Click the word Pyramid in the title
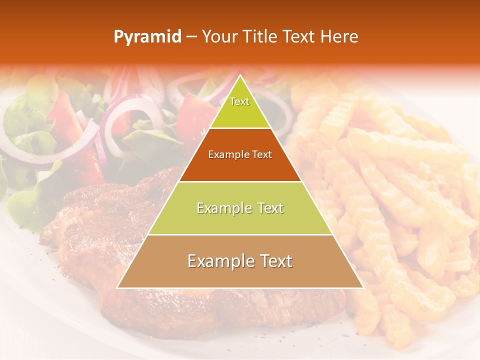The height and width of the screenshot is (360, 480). [x=147, y=37]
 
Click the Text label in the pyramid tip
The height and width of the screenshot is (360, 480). [x=239, y=101]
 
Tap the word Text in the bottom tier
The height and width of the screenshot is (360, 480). [x=274, y=261]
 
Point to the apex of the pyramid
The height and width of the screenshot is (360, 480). [x=240, y=76]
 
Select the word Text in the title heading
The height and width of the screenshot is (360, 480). [x=298, y=36]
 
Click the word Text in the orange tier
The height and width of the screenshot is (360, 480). [x=262, y=154]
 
